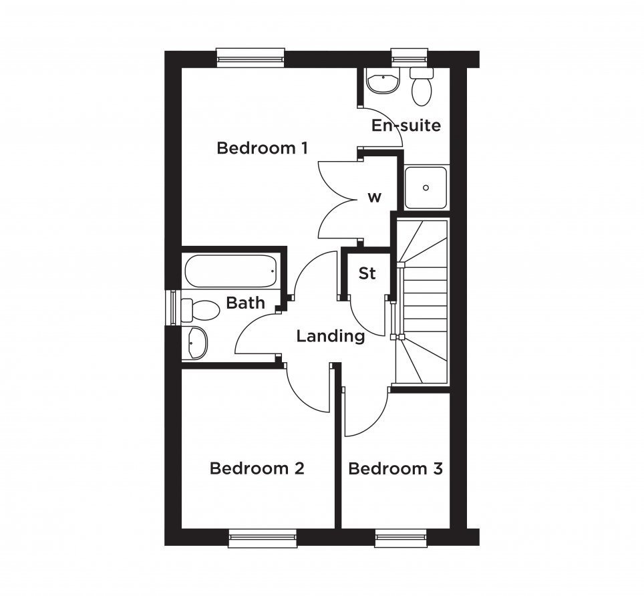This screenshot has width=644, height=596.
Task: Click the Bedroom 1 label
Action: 262,148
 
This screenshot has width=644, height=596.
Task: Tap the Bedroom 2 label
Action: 257,468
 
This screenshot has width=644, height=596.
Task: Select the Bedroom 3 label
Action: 395,468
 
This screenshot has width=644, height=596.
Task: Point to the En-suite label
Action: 406,125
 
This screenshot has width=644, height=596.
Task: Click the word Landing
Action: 331,336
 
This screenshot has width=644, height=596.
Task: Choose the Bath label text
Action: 245,303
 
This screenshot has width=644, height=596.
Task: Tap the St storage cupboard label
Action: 367,273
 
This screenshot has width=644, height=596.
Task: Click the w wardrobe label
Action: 374,198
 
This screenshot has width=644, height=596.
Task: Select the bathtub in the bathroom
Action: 231,271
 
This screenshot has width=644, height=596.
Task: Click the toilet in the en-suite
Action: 422,86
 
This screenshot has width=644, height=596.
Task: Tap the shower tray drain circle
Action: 426,188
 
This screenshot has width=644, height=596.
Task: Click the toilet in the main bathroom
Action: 200,310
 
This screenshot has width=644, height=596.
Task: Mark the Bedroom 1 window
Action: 251,57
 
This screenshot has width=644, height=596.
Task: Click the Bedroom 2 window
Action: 263,538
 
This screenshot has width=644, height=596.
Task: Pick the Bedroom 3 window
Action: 401,538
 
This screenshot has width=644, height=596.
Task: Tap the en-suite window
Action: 410,57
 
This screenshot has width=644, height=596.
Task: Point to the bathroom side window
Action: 172,307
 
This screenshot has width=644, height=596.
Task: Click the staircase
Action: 422,302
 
